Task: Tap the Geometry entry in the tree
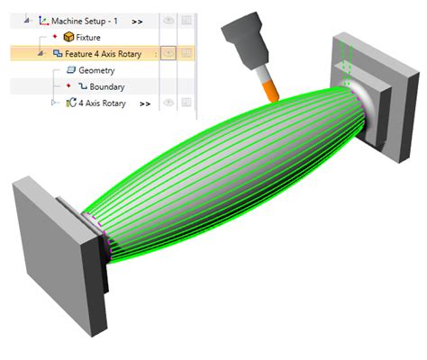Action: point(96,70)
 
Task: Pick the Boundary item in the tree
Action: point(106,87)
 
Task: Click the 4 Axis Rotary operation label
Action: point(101,104)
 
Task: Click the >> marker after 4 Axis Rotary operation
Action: point(145,104)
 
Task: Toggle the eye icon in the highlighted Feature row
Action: point(168,54)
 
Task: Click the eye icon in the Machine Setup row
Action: point(168,20)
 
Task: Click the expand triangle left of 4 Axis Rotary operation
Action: point(55,104)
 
